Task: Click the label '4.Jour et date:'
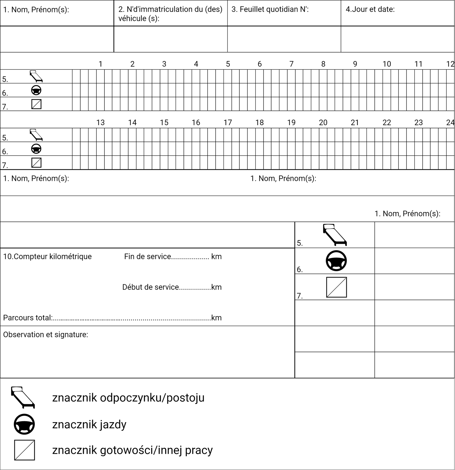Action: pos(370,9)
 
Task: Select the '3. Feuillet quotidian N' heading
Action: pos(270,9)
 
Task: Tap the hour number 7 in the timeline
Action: pos(291,64)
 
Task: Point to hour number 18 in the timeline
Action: pos(259,122)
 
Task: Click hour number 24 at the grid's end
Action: pos(450,122)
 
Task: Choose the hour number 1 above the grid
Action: pos(101,64)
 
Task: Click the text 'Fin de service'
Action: pos(148,256)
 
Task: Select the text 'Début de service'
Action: pos(151,287)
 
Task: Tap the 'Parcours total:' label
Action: pos(28,318)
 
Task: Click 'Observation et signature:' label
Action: pos(46,335)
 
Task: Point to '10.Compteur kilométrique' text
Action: pos(47,256)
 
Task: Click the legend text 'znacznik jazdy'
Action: pos(89,424)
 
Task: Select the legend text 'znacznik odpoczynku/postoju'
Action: pos(128,398)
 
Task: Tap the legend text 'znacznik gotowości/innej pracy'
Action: pos(132,450)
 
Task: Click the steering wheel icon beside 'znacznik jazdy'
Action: pos(24,424)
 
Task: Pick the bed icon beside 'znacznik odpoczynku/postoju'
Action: pos(23,397)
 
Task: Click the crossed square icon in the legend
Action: pos(24,450)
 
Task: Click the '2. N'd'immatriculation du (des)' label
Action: pos(170,9)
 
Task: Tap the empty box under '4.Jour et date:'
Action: pos(398,39)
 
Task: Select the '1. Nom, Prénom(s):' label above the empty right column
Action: pos(407,214)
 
